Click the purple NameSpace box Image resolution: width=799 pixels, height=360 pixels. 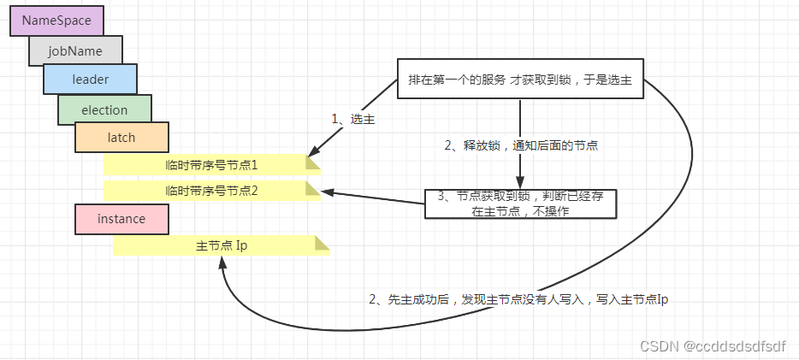[x=56, y=21]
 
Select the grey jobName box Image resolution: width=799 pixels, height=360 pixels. [x=75, y=50]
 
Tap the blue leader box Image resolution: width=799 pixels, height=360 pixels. [x=90, y=80]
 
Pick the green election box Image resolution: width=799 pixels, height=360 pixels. [x=104, y=109]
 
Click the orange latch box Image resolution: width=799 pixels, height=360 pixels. [x=121, y=138]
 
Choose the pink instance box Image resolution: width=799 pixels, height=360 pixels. [x=121, y=219]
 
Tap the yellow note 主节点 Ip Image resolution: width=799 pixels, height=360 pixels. [x=221, y=245]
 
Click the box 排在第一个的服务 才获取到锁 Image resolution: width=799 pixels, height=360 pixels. [x=520, y=80]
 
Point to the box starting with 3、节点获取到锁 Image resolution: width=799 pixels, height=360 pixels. [x=520, y=204]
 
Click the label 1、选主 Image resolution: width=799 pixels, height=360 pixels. [x=354, y=120]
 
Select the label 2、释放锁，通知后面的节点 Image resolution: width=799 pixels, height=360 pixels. [x=520, y=145]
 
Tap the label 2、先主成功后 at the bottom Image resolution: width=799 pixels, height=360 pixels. [x=518, y=301]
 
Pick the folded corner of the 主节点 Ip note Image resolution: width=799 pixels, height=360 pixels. [x=323, y=244]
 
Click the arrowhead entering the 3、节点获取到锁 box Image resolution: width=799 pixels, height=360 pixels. [x=520, y=183]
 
